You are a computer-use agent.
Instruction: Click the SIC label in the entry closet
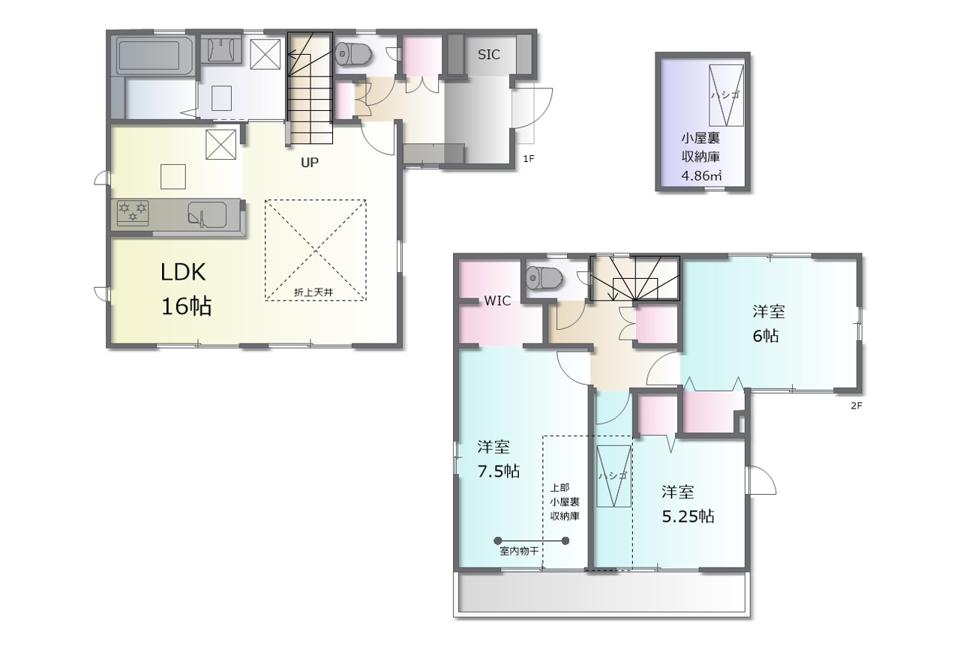pos(488,55)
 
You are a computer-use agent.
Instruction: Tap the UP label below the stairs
pos(310,163)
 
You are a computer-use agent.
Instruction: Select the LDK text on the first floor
pos(183,272)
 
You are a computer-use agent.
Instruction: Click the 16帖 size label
pos(187,307)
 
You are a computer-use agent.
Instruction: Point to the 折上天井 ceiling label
pos(313,292)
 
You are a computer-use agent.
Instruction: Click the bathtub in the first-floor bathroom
pos(148,55)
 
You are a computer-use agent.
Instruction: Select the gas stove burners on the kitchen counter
pos(133,213)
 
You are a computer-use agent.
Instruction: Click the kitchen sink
pos(207,214)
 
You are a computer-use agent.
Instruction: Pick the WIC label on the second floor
pos(497,301)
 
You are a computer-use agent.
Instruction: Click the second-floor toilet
pos(544,277)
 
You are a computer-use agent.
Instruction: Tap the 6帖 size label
pos(766,336)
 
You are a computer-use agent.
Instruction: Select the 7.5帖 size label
pos(499,472)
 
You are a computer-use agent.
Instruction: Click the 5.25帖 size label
pos(688,517)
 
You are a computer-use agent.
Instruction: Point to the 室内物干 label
pos(519,551)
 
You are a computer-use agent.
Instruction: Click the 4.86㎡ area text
pos(701,175)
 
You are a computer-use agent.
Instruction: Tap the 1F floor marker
pos(529,158)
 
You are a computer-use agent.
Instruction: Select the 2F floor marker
pos(856,406)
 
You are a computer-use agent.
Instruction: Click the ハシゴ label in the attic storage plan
pos(725,95)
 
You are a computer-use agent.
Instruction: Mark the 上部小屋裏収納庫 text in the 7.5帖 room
pos(565,502)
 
